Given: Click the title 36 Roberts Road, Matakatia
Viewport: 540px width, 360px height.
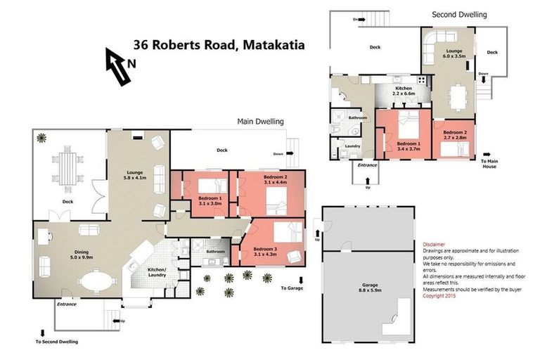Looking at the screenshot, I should [219, 46].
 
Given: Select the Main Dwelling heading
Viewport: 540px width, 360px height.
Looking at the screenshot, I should [260, 121].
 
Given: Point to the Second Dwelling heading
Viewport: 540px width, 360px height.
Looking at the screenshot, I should [458, 14].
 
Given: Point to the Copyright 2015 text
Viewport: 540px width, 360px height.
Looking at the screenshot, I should [440, 296].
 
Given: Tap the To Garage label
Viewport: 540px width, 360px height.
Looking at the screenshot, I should [292, 288].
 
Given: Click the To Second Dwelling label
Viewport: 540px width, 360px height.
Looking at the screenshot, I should [57, 342].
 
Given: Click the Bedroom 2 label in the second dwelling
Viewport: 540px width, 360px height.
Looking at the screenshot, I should [455, 134].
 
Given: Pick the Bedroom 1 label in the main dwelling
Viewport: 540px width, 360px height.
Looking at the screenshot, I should [210, 200].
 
